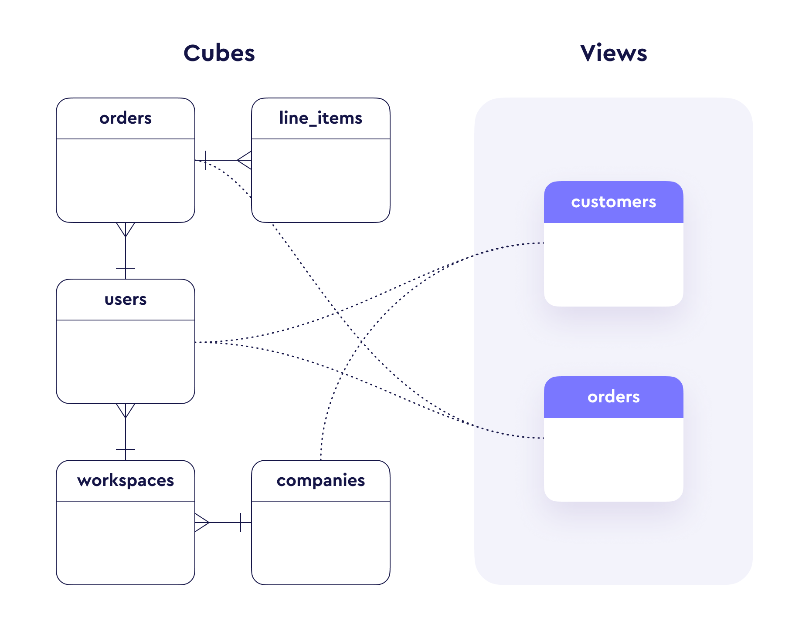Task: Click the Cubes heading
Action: coord(219,54)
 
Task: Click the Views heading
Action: coord(613,54)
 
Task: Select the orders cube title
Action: coord(126,118)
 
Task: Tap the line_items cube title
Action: coord(320,118)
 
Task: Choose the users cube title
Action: coord(126,300)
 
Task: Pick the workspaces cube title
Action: coord(126,481)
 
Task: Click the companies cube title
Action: coord(320,481)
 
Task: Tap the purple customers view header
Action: coord(613,202)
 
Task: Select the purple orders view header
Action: coord(613,397)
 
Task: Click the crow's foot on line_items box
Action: coord(245,160)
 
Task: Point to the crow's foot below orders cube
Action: coord(126,229)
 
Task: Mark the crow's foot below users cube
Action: coord(126,411)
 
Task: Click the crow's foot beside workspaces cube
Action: coord(202,523)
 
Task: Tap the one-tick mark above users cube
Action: coord(126,268)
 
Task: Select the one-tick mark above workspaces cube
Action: coord(126,449)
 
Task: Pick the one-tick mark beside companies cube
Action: coord(241,523)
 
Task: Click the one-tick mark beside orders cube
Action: coord(206,160)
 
